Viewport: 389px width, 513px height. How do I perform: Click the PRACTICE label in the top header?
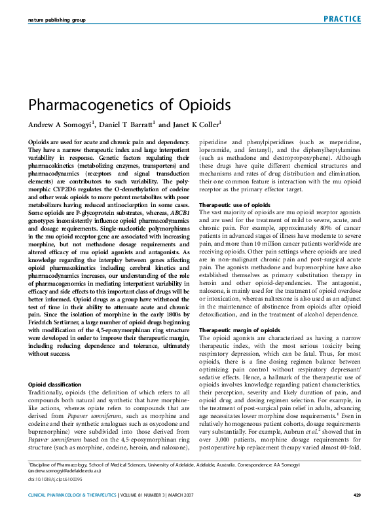click(341, 19)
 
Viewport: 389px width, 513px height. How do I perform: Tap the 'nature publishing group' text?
click(57, 20)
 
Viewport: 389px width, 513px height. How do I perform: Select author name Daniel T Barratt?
click(124, 124)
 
